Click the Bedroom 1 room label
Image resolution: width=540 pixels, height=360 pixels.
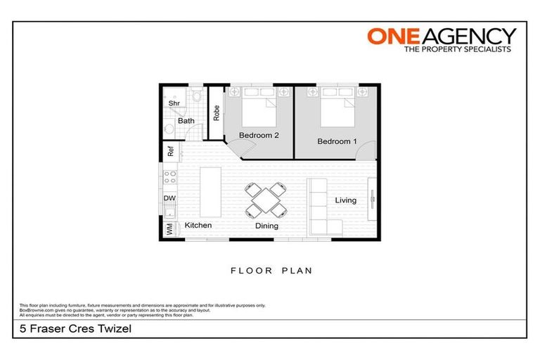point(337,141)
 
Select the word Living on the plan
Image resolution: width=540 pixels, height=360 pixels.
point(345,200)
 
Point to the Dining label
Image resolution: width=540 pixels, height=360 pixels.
point(266,226)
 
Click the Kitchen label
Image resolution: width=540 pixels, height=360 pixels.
point(198,226)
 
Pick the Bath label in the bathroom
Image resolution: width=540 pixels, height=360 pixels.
point(186,121)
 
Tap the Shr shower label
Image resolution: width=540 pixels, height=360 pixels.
point(174,103)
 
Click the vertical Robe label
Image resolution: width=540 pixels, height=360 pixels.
point(217,112)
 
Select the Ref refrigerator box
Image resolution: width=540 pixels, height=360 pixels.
point(170,152)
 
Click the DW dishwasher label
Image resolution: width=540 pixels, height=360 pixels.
point(169,199)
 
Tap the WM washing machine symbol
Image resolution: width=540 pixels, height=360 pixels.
point(169,229)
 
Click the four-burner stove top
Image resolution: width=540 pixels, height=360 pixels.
point(169,177)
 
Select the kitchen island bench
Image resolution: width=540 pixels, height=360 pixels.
point(210,192)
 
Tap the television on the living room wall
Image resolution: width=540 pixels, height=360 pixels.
point(371,200)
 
